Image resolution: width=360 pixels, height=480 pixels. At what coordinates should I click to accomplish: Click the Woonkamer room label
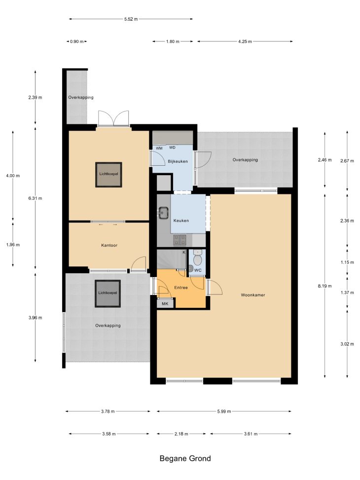(253, 295)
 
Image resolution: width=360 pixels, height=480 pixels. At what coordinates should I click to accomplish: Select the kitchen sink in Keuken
(163, 213)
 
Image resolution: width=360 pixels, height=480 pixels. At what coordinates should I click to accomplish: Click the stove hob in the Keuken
(180, 240)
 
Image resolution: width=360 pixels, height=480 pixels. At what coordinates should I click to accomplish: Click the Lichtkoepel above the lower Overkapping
(108, 293)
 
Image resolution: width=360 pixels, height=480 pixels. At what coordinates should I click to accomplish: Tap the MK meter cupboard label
(165, 304)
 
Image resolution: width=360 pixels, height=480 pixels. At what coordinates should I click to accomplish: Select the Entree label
(181, 288)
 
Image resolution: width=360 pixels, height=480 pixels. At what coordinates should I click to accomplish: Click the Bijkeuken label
(178, 161)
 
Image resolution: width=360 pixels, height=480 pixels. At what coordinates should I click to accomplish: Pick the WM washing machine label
(159, 148)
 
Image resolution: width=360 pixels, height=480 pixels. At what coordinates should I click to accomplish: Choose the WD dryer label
(172, 148)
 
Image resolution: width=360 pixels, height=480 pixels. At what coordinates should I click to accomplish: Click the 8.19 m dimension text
(325, 286)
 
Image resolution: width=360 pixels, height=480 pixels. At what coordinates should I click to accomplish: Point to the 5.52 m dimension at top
(131, 19)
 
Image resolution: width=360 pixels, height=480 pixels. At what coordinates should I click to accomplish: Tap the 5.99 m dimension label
(224, 411)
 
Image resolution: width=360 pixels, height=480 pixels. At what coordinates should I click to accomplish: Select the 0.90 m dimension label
(77, 41)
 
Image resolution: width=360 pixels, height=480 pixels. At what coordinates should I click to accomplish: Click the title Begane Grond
(185, 459)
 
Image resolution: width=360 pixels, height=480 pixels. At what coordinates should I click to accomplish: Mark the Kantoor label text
(109, 245)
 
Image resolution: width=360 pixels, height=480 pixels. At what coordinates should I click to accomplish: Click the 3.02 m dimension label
(347, 344)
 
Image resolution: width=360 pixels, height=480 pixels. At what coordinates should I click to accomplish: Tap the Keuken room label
(181, 221)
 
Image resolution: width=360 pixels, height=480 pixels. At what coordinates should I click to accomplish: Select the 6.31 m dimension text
(35, 198)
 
